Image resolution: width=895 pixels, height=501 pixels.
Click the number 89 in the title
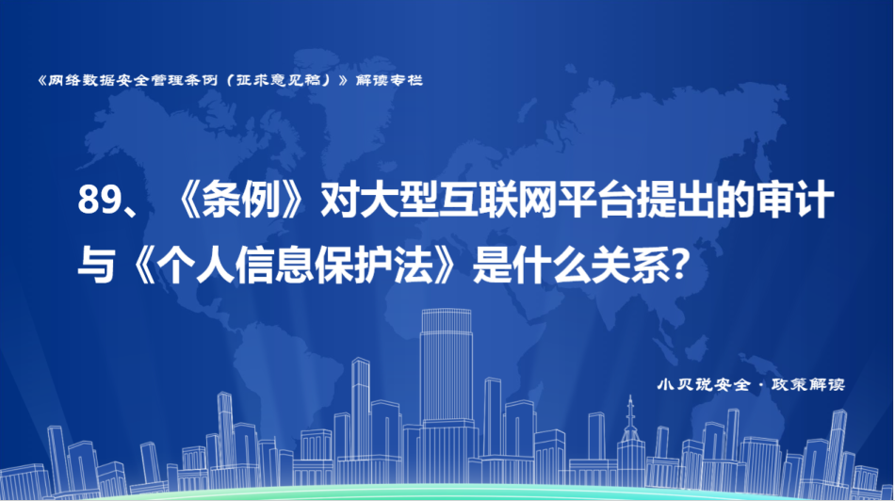pos(94,201)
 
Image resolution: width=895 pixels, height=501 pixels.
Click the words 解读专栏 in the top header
pos(389,80)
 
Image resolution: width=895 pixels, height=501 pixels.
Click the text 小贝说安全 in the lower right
pos(704,384)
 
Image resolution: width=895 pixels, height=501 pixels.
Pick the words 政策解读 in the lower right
pos(808,384)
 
